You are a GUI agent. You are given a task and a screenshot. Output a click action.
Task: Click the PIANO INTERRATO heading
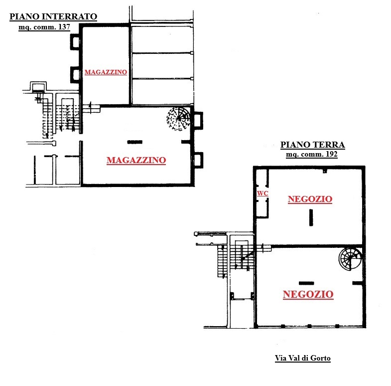coord(53,16)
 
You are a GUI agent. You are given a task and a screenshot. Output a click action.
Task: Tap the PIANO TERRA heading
coord(313,145)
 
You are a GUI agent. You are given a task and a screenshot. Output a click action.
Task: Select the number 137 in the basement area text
coord(64,27)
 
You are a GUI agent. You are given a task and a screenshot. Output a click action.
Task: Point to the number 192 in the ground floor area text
coord(332,154)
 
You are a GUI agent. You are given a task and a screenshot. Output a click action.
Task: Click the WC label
coord(262,193)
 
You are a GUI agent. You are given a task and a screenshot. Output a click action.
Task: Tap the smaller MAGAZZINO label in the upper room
coord(106,72)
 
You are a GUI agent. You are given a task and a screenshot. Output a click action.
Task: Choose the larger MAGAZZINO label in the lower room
coord(136,160)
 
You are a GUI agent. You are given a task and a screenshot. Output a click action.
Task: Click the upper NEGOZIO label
coord(310,199)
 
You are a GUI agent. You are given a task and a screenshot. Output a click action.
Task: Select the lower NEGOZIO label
coord(308,294)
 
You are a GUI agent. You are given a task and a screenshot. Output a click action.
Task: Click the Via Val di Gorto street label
coord(303,358)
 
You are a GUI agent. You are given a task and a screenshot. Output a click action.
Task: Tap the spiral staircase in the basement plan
coord(178,119)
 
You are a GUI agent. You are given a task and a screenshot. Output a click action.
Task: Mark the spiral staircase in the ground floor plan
coord(350,259)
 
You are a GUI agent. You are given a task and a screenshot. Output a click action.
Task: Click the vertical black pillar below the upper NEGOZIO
coord(311,217)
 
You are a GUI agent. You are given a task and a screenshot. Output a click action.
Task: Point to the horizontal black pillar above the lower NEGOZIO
coord(306,283)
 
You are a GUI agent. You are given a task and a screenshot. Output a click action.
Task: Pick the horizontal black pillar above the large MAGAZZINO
coord(135,142)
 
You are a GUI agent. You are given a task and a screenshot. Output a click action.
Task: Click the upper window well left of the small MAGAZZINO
coord(75,42)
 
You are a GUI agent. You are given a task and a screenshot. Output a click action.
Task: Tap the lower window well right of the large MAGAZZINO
coord(198,160)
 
